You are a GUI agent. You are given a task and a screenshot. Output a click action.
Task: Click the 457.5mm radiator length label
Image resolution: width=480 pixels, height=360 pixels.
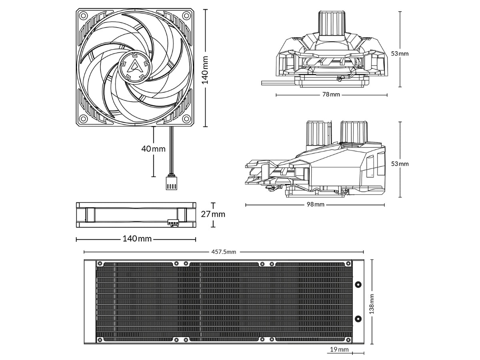224,252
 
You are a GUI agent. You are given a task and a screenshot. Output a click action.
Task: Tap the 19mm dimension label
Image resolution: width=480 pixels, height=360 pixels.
339,350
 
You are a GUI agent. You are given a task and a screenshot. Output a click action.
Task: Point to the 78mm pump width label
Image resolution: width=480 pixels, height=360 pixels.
331,95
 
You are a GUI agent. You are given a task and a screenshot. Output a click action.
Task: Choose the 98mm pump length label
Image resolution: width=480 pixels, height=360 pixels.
316,204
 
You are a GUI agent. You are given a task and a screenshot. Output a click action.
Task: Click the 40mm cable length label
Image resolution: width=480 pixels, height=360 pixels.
153,149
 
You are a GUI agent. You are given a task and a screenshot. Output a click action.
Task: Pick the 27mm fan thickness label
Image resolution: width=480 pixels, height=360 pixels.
213,214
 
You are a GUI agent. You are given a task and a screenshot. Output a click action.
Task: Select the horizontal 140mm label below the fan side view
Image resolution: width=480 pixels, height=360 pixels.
137,239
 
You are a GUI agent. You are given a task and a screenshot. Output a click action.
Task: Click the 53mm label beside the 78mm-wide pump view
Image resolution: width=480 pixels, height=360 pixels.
400,54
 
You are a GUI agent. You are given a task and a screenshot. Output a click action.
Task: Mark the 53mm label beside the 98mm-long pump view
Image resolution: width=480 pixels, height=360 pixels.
400,164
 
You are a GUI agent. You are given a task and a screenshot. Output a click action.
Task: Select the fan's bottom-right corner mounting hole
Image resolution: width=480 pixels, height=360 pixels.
186,119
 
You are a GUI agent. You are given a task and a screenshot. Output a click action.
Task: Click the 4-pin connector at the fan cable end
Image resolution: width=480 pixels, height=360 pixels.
172,183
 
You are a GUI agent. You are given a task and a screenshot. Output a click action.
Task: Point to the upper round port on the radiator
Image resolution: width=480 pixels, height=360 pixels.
358,284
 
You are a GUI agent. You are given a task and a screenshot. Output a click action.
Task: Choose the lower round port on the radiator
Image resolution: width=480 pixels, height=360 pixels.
358,319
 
